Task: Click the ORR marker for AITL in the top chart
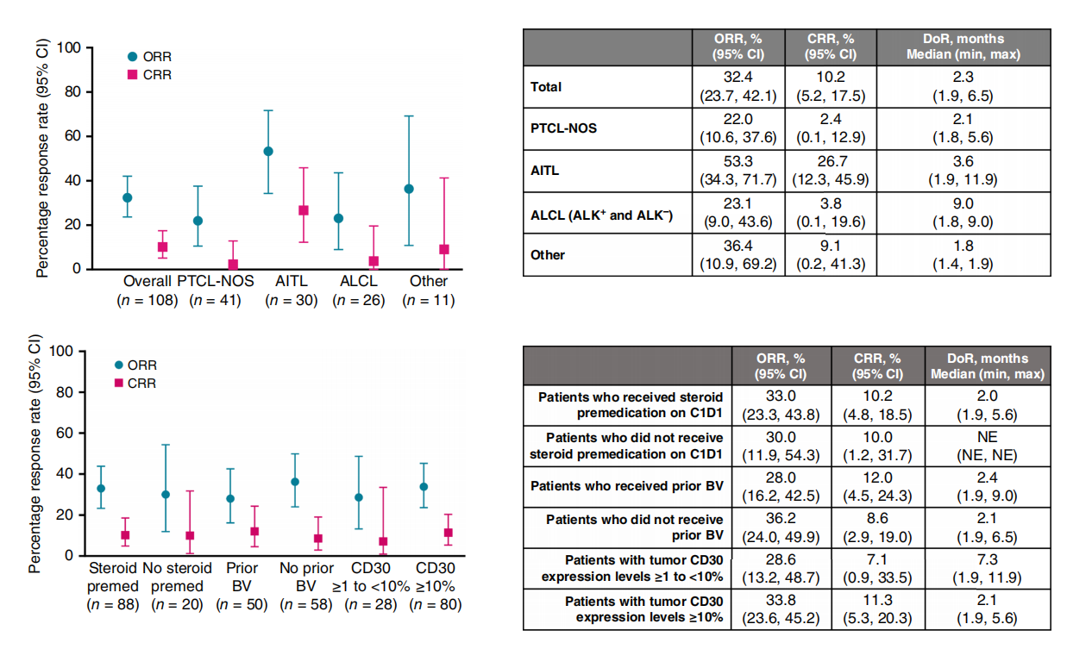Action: (268, 151)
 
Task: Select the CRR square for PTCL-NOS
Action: (233, 265)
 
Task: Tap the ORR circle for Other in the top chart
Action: (409, 189)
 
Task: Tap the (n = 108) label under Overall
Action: (147, 301)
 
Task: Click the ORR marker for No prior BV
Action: (295, 482)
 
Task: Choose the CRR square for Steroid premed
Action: (125, 535)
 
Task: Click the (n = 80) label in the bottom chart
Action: (435, 605)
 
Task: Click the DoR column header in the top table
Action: (973, 47)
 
